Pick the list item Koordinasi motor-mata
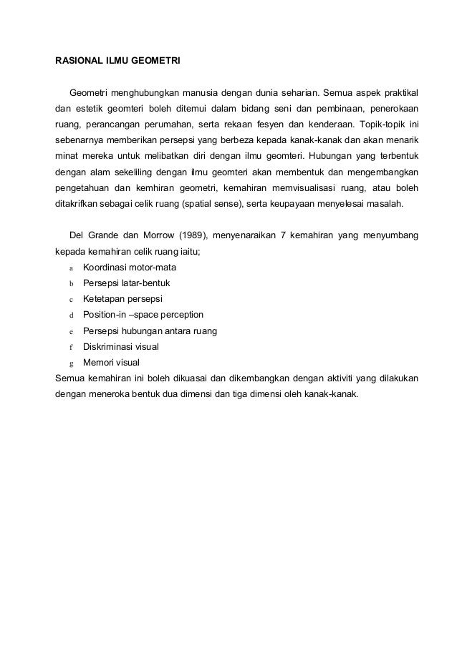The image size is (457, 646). [129, 268]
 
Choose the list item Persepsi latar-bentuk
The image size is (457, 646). [126, 283]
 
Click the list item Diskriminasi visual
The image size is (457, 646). [121, 346]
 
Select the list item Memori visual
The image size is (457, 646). [111, 362]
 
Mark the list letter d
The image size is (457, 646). [72, 315]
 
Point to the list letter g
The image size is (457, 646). [72, 363]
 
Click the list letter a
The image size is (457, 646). [72, 268]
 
